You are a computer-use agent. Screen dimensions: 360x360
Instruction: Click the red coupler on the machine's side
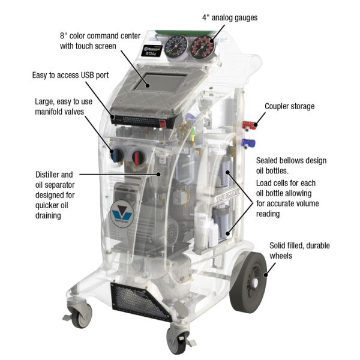247,125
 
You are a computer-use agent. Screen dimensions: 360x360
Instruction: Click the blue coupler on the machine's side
247,143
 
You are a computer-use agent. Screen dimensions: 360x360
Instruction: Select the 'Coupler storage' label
289,107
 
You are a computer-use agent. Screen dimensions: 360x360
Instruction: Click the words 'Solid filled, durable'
299,245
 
